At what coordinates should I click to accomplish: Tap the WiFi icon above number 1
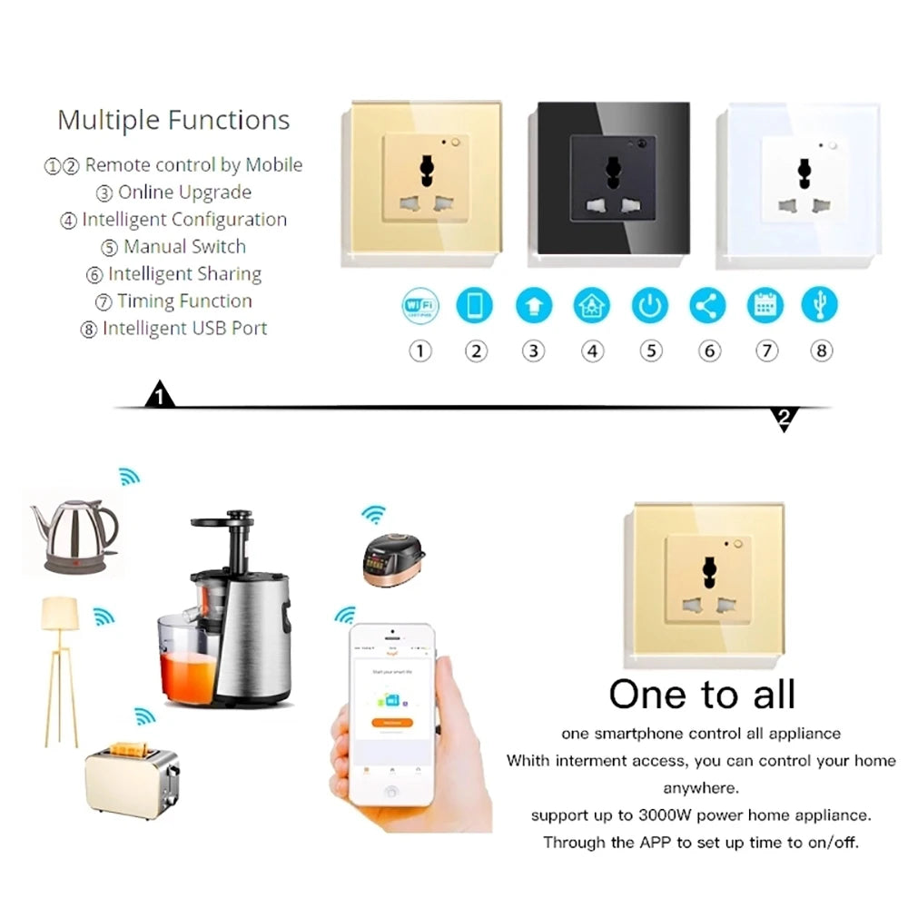419,306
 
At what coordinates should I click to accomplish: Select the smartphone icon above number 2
475,306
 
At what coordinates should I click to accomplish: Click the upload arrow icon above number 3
533,306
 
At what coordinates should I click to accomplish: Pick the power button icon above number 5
650,306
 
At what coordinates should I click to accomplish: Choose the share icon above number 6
707,306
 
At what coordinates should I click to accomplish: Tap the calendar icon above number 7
765,306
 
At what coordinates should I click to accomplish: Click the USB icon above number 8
820,306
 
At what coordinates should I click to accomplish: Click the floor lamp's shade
60,612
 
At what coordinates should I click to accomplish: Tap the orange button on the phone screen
392,723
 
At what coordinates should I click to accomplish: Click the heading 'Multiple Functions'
173,120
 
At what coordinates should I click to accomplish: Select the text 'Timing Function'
184,301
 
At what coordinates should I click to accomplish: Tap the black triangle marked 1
160,397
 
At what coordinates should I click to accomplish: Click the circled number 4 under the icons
592,351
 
